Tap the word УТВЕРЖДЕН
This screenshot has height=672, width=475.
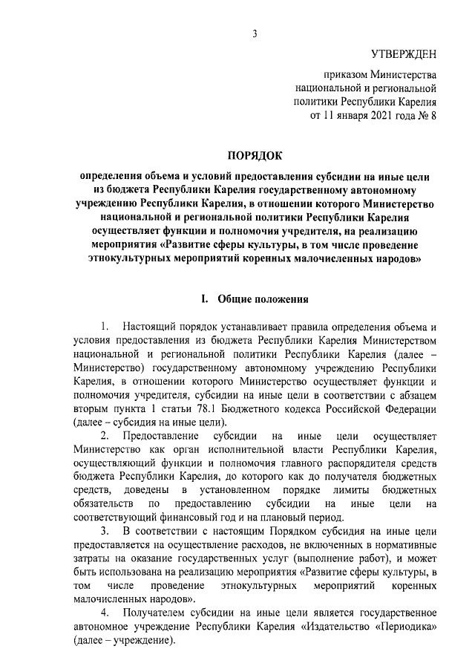404,53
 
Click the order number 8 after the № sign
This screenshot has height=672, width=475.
433,116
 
